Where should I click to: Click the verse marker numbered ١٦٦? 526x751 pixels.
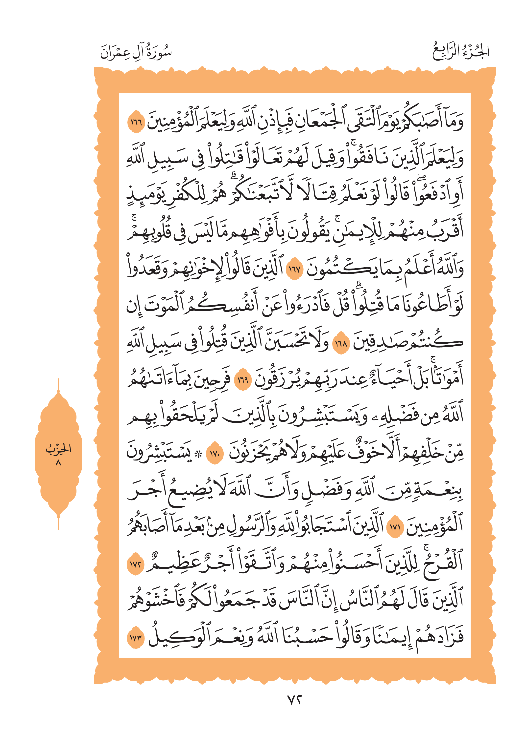pyautogui.click(x=136, y=123)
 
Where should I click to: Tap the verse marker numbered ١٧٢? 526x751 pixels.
pyautogui.click(x=135, y=564)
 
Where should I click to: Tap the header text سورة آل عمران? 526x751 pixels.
pyautogui.click(x=136, y=52)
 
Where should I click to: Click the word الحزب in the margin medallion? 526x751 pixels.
pyautogui.click(x=58, y=448)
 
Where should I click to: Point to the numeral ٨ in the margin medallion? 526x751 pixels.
pyautogui.click(x=58, y=462)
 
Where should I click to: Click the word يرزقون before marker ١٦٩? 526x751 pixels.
pyautogui.click(x=277, y=379)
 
